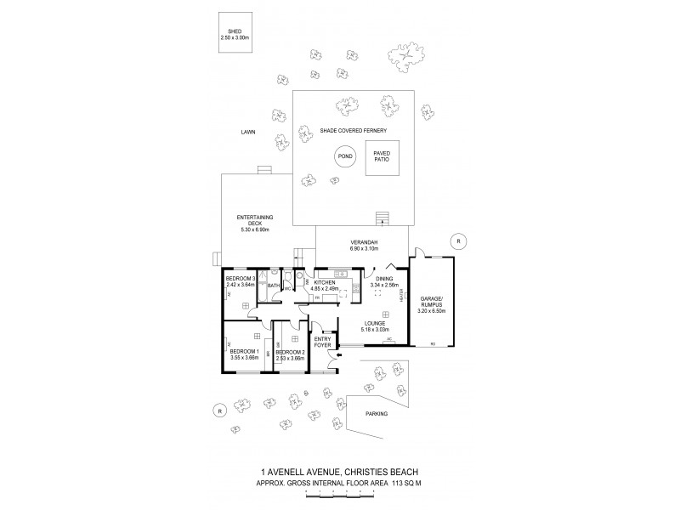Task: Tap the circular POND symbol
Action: (x=345, y=156)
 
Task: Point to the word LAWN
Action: (x=248, y=132)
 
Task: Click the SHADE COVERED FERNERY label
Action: (x=354, y=130)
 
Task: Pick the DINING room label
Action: (x=382, y=281)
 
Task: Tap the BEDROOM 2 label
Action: (x=290, y=354)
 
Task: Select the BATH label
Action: (x=274, y=286)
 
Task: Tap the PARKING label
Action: (x=376, y=413)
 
